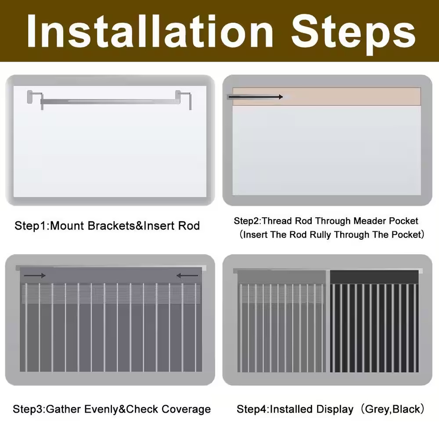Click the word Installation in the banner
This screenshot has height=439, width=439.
pos(150,31)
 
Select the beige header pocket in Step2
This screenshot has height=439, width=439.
pos(327,97)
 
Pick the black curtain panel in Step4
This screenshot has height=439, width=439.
pos(374,321)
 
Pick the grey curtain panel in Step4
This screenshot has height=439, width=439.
pos(281,321)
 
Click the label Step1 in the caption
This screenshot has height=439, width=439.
pos(30,226)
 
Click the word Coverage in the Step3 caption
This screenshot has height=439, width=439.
pos(186,409)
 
